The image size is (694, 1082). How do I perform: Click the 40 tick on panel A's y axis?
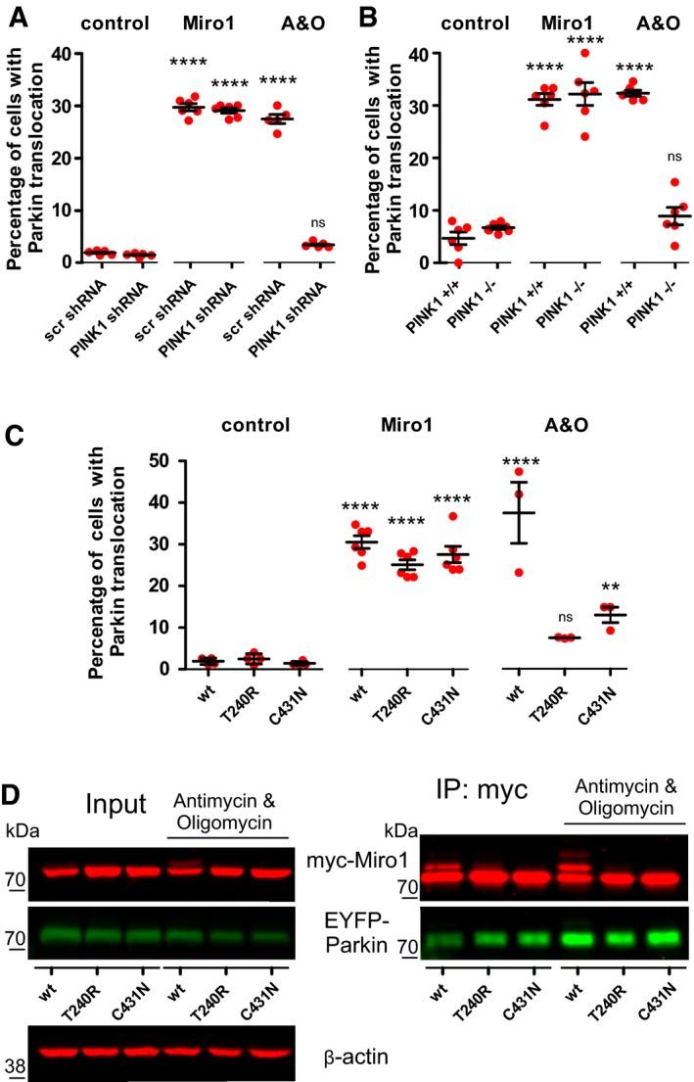click(37, 54)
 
